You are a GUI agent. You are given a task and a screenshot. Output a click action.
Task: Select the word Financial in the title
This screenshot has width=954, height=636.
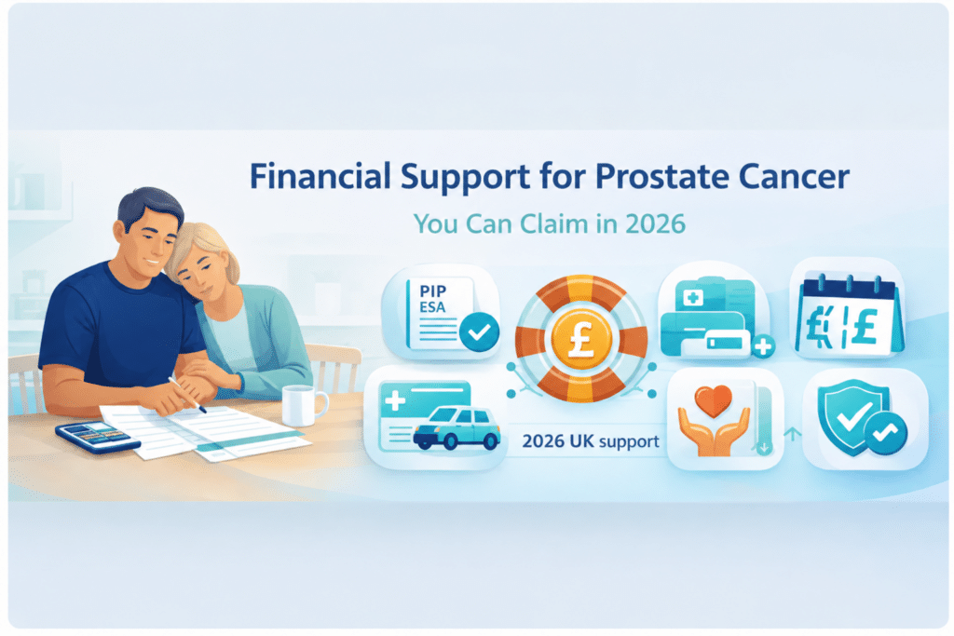pos(320,176)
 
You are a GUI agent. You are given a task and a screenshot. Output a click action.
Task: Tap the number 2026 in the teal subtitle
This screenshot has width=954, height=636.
pos(655,224)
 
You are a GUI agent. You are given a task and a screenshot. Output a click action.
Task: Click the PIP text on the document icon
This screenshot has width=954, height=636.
pos(432,291)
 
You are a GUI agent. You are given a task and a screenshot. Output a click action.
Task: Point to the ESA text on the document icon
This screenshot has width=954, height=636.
pos(432,307)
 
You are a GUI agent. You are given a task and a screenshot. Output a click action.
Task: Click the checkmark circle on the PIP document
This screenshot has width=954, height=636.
pos(480,332)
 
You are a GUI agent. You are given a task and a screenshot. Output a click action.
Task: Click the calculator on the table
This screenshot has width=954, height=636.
pos(97,437)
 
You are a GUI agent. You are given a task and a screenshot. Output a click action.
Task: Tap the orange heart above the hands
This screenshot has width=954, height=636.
pos(713,401)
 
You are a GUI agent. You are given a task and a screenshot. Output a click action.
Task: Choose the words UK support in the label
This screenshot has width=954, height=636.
pos(615,441)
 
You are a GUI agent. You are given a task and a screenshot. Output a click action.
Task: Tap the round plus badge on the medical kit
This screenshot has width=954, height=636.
pos(763,346)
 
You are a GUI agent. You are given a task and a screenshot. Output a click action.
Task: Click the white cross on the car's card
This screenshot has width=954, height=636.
pos(395,400)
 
